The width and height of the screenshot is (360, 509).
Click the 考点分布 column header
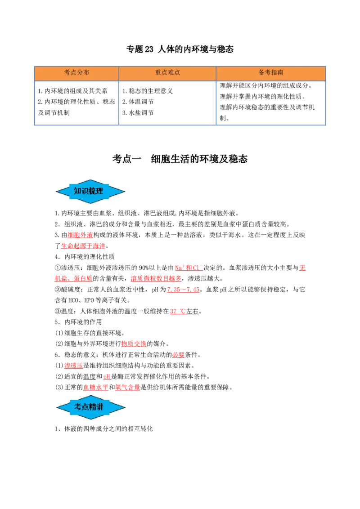(x=76, y=73)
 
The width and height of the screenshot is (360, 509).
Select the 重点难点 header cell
(x=167, y=73)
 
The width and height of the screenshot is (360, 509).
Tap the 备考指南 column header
(x=271, y=73)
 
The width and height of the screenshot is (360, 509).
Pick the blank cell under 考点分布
(x=76, y=102)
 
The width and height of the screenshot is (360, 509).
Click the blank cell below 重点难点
(x=167, y=102)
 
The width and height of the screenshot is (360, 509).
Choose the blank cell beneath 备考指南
(x=271, y=102)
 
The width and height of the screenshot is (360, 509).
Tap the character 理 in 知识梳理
(x=99, y=191)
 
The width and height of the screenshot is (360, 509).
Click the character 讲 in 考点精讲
(x=99, y=407)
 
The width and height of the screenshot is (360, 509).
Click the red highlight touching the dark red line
(x=302, y=268)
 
